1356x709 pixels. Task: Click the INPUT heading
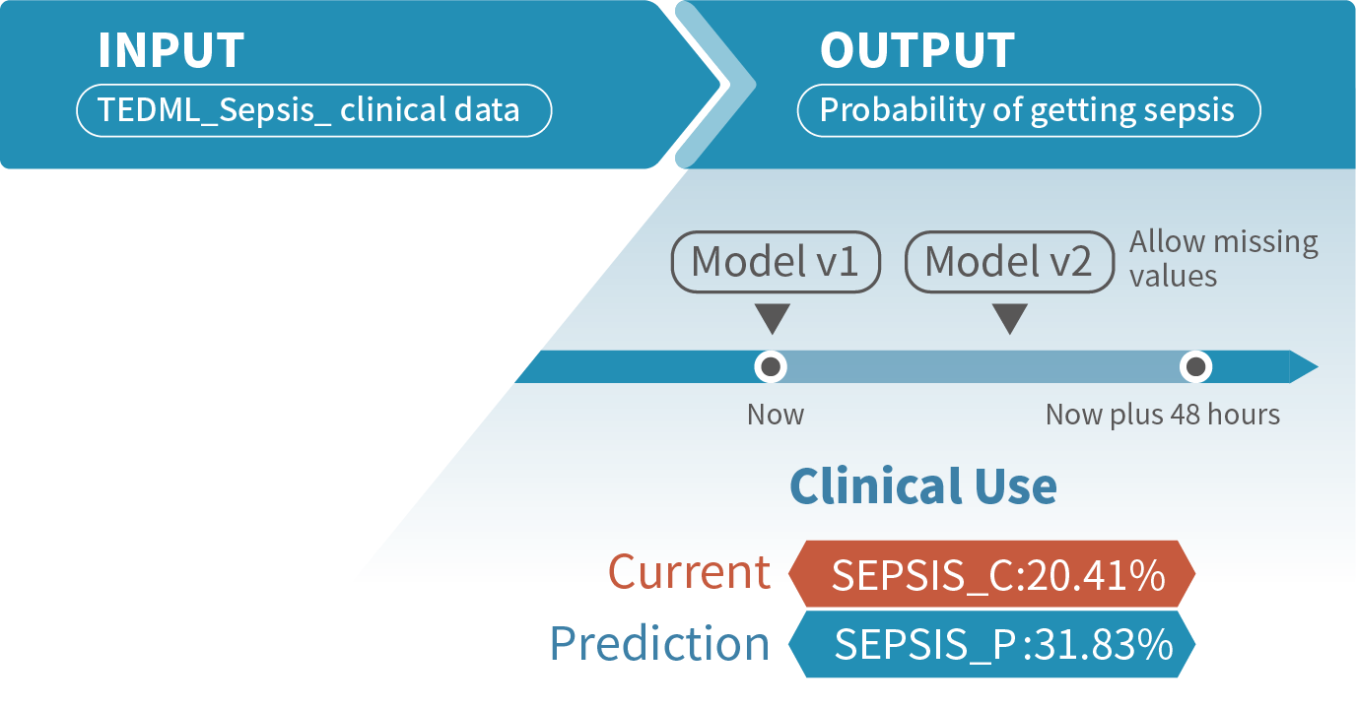point(170,51)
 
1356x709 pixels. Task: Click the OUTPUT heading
point(916,51)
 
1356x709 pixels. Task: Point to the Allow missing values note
point(1222,258)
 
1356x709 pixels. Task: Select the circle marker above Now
point(771,367)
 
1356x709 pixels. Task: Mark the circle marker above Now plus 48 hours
point(1195,367)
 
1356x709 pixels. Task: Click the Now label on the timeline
point(775,415)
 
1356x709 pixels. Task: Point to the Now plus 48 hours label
point(1163,415)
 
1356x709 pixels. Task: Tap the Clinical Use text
point(923,485)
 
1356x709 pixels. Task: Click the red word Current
point(689,572)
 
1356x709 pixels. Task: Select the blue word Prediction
point(659,644)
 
